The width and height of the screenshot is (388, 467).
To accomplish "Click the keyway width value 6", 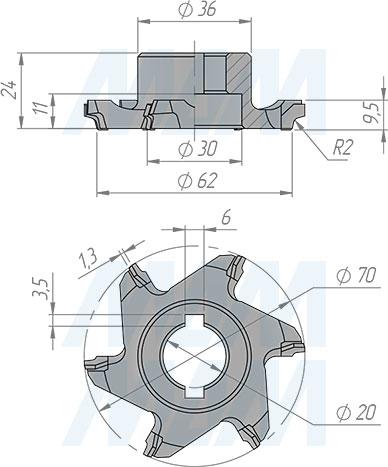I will [226, 217].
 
